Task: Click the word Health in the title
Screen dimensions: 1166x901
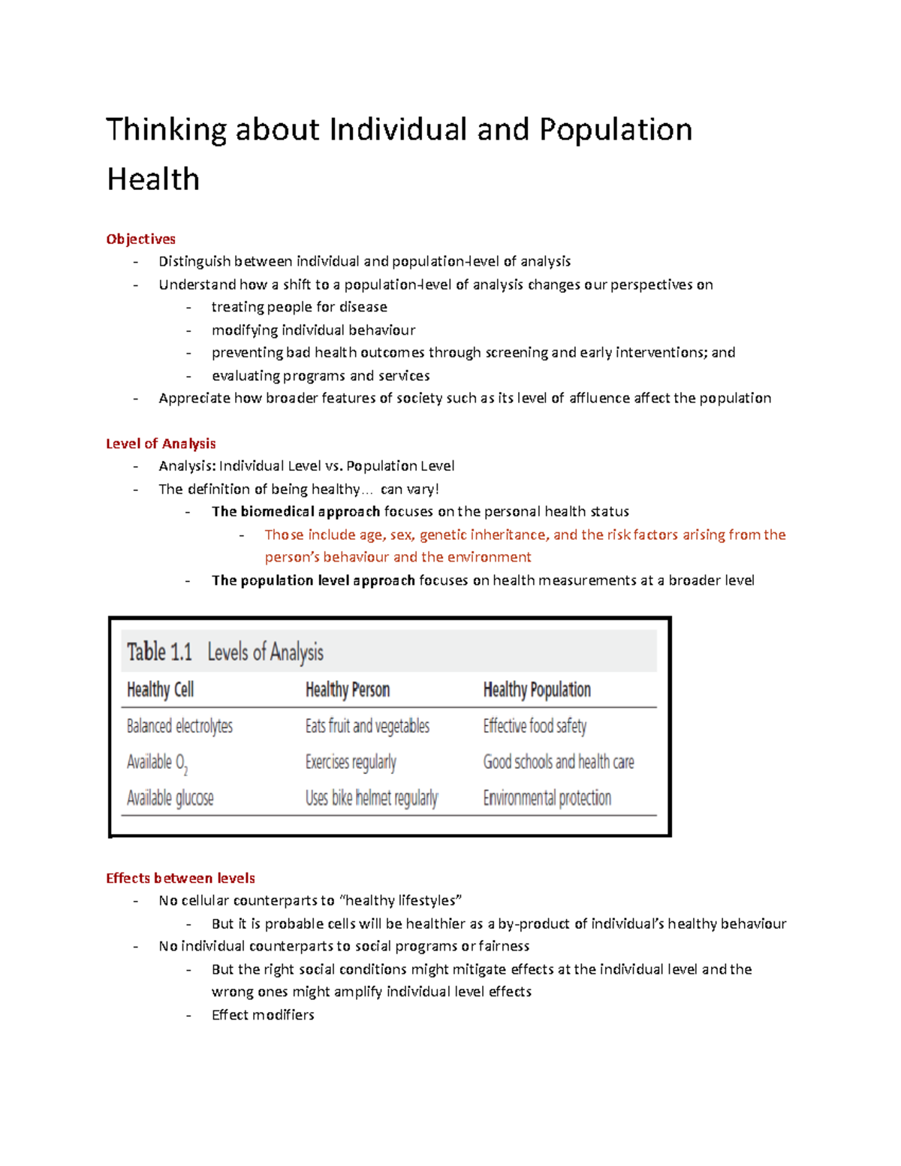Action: pyautogui.click(x=153, y=179)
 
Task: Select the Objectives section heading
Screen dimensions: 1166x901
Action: pyautogui.click(x=140, y=239)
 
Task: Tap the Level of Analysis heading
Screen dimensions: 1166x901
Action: pyautogui.click(x=161, y=444)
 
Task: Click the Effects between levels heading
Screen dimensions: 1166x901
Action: pyautogui.click(x=180, y=878)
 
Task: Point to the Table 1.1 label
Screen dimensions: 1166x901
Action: pyautogui.click(x=159, y=652)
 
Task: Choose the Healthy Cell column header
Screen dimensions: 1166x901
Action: pyautogui.click(x=160, y=689)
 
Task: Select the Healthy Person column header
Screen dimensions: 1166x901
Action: pyautogui.click(x=347, y=689)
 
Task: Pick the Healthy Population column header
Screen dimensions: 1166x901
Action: pyautogui.click(x=537, y=689)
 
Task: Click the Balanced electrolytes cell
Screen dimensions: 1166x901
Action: pyautogui.click(x=179, y=726)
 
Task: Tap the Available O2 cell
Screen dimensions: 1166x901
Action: pyautogui.click(x=157, y=762)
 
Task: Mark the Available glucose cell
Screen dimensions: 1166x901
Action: pyautogui.click(x=170, y=797)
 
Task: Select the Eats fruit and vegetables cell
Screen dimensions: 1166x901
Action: pyautogui.click(x=367, y=726)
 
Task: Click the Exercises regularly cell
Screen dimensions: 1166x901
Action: pyautogui.click(x=351, y=762)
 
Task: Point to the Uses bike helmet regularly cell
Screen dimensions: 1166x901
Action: pyautogui.click(x=371, y=797)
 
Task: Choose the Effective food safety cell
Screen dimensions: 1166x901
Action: pyautogui.click(x=535, y=726)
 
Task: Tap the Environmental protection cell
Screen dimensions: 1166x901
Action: pyautogui.click(x=547, y=797)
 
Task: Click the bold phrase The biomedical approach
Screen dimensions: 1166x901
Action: pyautogui.click(x=296, y=511)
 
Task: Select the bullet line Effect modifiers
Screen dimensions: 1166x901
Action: pyautogui.click(x=263, y=1014)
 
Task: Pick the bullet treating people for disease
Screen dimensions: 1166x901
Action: pyautogui.click(x=299, y=307)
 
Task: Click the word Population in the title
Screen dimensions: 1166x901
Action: pyautogui.click(x=616, y=129)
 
